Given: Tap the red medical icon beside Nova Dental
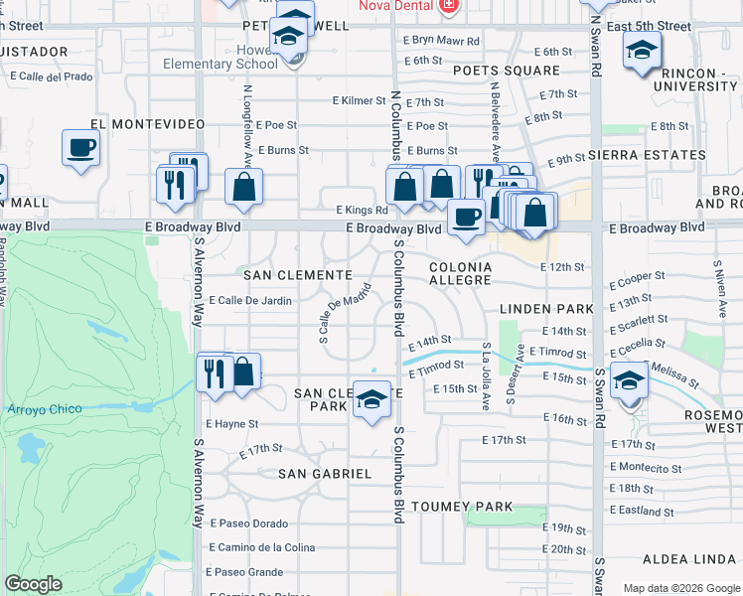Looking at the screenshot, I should click(x=449, y=6).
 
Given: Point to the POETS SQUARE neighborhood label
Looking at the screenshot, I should click(x=506, y=71).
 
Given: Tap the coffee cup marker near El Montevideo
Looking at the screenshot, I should click(x=80, y=148).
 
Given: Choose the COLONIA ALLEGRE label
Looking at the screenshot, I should click(x=460, y=274).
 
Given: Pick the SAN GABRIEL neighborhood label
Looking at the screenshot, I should click(x=324, y=474).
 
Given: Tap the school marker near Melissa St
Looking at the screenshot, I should click(x=630, y=381).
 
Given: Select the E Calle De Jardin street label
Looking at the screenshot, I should click(x=248, y=300).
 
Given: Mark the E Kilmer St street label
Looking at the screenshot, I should click(x=362, y=101).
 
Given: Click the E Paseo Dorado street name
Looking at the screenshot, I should click(x=248, y=523).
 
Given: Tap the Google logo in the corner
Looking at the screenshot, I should click(x=33, y=584).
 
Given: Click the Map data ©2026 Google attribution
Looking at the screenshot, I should click(x=680, y=588).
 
